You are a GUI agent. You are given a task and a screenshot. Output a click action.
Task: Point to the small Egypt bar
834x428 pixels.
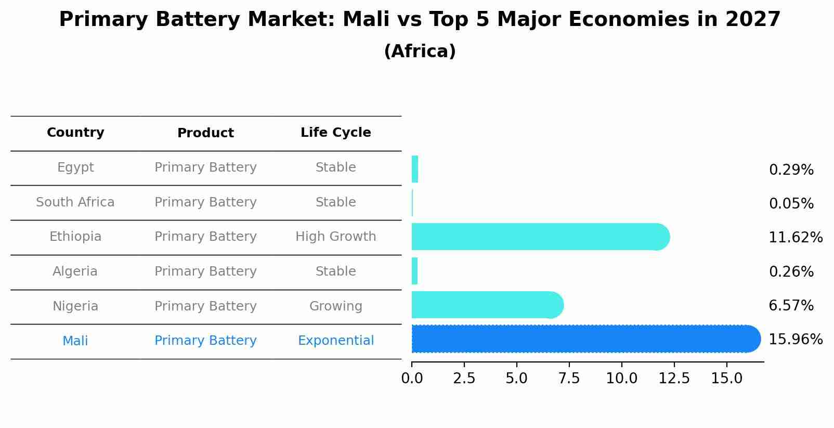[415, 169]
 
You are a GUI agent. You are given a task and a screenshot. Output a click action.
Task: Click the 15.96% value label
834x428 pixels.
[795, 340]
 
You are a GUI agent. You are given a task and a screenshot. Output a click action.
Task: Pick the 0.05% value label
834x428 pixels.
[791, 204]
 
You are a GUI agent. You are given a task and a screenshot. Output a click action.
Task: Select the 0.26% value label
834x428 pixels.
[791, 271]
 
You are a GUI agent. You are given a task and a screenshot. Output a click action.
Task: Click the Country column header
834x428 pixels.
[75, 133]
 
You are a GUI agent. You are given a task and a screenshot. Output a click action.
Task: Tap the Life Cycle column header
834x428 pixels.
[335, 133]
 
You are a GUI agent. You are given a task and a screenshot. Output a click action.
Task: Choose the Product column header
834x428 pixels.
[205, 133]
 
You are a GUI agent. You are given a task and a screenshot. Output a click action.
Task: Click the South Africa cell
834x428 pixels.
[75, 202]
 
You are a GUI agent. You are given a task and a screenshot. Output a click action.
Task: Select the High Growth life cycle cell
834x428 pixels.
[335, 237]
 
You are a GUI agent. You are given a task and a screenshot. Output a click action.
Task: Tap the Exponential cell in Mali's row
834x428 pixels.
[335, 341]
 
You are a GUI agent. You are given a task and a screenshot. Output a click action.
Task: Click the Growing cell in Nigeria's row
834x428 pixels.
[335, 306]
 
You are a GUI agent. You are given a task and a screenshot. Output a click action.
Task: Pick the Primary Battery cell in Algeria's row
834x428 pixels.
[205, 271]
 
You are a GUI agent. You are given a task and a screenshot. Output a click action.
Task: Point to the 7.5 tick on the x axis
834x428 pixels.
[569, 379]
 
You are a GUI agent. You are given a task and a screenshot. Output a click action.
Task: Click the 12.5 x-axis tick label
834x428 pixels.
[674, 379]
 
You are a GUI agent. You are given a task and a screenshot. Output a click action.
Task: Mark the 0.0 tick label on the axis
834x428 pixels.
[412, 379]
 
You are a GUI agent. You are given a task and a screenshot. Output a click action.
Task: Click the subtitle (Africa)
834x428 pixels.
[420, 51]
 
